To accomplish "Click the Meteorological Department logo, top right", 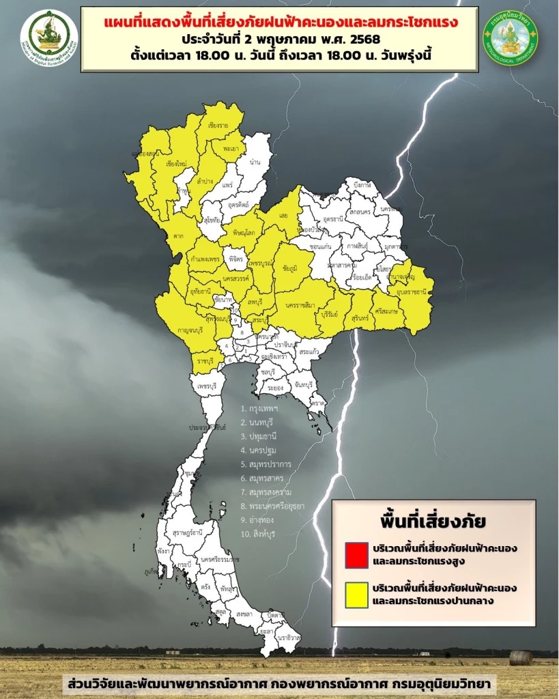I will pos(510,38).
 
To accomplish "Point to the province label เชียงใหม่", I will pos(176,164).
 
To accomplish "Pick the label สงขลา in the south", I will pos(244,614).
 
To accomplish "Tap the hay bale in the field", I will pos(521,658).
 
